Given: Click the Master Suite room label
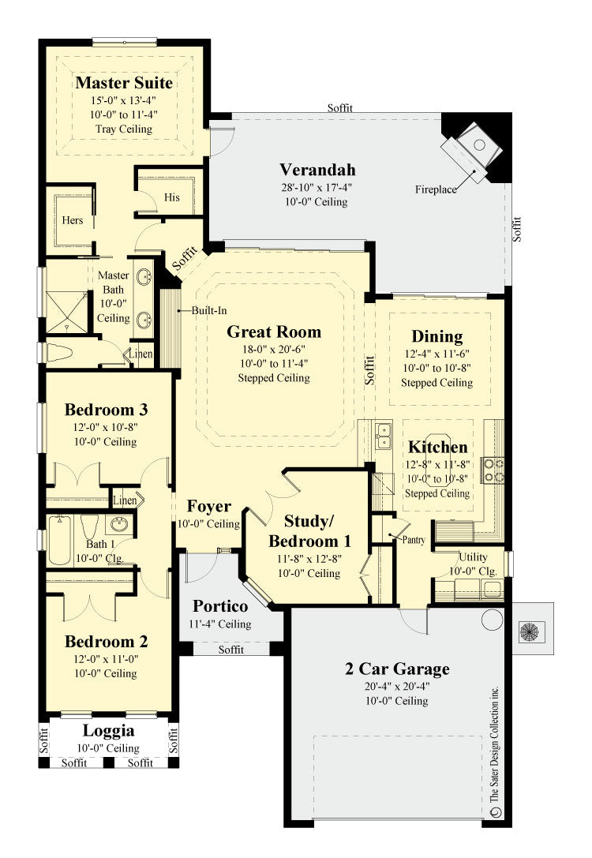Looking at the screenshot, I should pos(124,83).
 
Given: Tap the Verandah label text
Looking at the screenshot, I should pos(317,170).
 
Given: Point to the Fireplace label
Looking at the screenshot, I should pos(437,189).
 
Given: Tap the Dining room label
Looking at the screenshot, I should pos(437,337).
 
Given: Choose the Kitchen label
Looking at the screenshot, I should pos(437,447).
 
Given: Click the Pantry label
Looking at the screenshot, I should pos(414,541).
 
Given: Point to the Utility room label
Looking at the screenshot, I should pos(474,557).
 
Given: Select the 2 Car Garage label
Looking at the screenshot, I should pos(397,669).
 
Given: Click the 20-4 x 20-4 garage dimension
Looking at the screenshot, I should pos(397,686).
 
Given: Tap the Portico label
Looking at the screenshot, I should pos(221,606).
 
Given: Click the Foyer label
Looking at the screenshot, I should pos(209,507).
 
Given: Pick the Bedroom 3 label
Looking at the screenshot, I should pos(107,410).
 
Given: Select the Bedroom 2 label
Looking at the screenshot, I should pos(107,641).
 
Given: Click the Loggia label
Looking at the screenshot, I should pos(109,731).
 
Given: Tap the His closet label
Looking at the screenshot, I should pos(172,197).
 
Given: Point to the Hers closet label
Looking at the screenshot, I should pos(73,220).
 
